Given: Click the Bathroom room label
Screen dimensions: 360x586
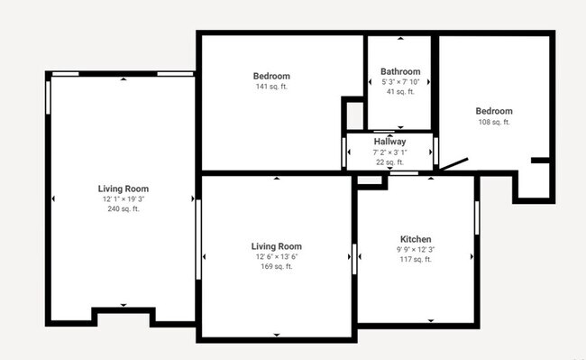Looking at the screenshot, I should [x=400, y=71].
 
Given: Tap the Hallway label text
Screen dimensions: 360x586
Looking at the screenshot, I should [x=389, y=142].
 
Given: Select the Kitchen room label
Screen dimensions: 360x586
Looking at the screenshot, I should [x=415, y=239].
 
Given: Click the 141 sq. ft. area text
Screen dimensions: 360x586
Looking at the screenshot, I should [x=270, y=88].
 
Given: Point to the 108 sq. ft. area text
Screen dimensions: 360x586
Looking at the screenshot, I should [x=494, y=122].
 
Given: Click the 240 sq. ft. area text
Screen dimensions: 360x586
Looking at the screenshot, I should [x=124, y=208].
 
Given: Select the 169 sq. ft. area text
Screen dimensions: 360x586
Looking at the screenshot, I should [x=276, y=266].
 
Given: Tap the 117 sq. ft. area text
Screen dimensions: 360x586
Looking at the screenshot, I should [x=415, y=259].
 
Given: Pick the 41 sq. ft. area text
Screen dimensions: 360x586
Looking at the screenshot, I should [x=400, y=91].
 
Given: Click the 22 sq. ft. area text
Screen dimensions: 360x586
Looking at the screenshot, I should [x=389, y=162].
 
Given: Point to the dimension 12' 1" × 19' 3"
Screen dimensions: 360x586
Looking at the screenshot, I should [x=124, y=198].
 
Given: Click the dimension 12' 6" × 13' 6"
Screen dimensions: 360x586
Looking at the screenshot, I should [x=276, y=256].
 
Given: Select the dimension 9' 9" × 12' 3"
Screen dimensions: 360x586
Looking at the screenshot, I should [x=415, y=249].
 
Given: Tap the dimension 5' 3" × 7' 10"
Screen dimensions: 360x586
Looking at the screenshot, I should [x=400, y=81].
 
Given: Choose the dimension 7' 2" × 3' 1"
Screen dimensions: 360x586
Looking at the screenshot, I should [x=389, y=152].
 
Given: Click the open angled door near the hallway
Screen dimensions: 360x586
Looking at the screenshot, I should [x=453, y=165].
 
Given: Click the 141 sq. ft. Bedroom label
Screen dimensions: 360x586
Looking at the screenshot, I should [x=270, y=77].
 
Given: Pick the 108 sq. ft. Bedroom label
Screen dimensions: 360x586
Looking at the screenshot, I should [x=494, y=111].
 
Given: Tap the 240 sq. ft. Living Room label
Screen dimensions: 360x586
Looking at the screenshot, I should [x=124, y=189].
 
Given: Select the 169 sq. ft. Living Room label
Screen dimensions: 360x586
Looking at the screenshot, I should [x=276, y=246].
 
